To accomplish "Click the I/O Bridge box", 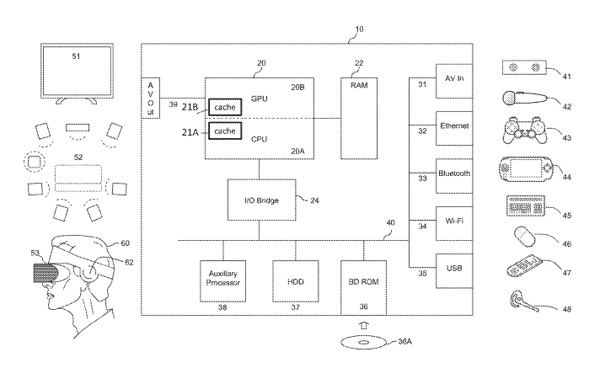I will coord(257,200).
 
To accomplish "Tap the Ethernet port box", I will coord(453,129).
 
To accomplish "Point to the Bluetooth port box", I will coord(453,176).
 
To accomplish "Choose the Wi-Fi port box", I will coord(453,223).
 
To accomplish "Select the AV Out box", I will coord(151,97).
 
